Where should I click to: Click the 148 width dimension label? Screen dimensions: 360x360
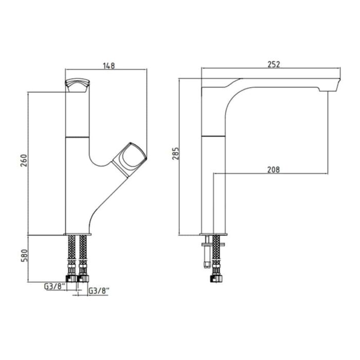pyautogui.click(x=109, y=66)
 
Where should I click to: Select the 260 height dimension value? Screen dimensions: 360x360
pyautogui.click(x=24, y=160)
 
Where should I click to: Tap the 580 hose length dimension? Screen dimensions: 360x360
pyautogui.click(x=24, y=255)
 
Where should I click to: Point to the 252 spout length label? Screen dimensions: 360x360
pyautogui.click(x=274, y=64)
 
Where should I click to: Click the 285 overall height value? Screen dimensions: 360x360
pyautogui.click(x=176, y=153)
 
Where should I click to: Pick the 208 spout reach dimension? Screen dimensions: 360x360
pyautogui.click(x=274, y=169)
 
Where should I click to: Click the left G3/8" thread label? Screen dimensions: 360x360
pyautogui.click(x=55, y=286)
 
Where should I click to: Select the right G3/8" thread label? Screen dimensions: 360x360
pyautogui.click(x=99, y=291)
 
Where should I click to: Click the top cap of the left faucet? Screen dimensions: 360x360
pyautogui.click(x=77, y=85)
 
